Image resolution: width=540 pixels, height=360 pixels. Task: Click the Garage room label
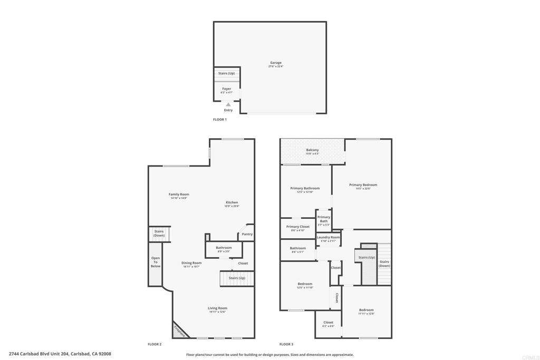point(276,63)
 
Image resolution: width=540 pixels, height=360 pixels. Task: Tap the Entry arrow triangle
point(228,105)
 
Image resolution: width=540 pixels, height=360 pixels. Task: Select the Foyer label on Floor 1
point(227,89)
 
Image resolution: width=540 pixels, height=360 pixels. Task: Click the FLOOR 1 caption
point(220,120)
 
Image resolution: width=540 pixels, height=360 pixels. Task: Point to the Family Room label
point(179,194)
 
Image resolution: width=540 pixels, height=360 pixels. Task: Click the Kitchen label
point(232,202)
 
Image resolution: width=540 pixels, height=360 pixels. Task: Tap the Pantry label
point(247,234)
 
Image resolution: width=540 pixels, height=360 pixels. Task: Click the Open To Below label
point(156,262)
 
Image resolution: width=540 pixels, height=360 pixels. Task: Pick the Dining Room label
point(192,263)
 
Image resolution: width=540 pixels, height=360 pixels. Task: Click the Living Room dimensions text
point(217,312)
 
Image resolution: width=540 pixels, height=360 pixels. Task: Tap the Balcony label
point(313,150)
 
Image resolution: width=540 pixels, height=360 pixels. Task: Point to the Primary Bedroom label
point(363,185)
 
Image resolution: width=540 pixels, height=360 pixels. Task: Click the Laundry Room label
point(328,238)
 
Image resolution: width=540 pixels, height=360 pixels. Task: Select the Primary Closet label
point(298,227)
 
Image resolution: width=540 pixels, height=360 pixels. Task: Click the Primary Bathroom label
point(305,188)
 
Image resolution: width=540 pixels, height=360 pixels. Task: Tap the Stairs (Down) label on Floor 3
point(384,264)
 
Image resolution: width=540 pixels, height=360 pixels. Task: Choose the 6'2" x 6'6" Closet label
point(329,323)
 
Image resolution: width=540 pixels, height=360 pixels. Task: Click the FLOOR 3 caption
point(286,344)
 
